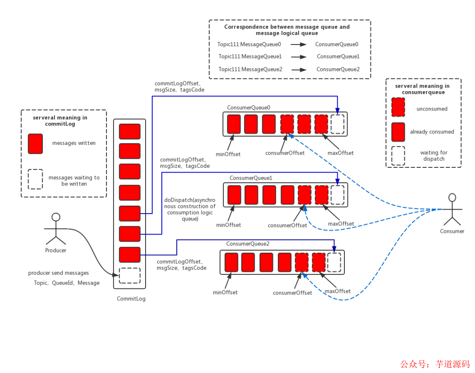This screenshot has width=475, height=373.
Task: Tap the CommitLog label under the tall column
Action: tap(131, 299)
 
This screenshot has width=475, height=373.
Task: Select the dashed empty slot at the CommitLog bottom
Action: tap(130, 275)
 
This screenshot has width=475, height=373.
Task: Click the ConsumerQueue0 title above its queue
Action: tap(248, 107)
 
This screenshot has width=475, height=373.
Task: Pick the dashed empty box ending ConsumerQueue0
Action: tap(337, 124)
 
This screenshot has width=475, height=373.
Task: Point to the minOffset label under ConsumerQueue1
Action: tap(229, 225)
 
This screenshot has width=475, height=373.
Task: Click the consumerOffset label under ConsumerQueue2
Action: tap(292, 293)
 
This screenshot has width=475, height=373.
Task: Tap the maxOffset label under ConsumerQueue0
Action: tap(340, 153)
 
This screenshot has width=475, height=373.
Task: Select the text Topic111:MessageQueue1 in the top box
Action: tap(250, 56)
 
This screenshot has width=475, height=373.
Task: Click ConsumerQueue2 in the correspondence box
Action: tap(338, 69)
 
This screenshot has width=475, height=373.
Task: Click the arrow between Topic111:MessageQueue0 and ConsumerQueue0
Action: tap(298, 44)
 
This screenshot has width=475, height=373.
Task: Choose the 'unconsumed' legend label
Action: tap(431, 109)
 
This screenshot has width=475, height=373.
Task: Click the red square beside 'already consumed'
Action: tap(398, 132)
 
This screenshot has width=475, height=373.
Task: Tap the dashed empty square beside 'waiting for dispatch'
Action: tap(398, 156)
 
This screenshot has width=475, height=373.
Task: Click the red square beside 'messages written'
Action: tap(35, 144)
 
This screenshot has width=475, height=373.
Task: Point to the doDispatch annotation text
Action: tap(190, 209)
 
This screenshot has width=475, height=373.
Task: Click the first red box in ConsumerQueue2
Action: tap(231, 262)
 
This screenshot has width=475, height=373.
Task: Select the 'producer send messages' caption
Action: tap(58, 273)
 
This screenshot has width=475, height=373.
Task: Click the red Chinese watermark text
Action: tap(435, 364)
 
